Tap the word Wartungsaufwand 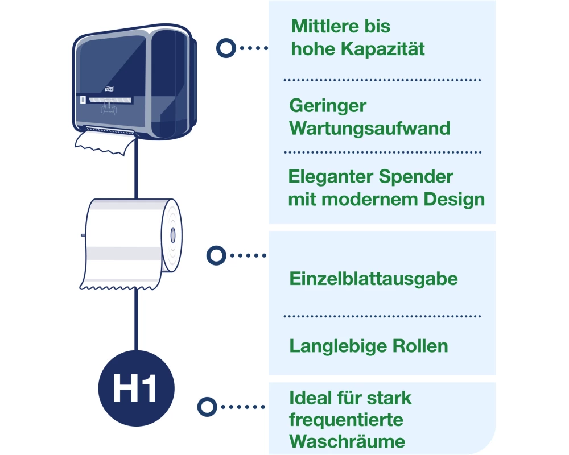[370, 128]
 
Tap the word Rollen [422, 346]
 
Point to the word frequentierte [346, 420]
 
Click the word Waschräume [347, 441]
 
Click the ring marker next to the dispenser [226, 48]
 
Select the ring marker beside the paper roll [215, 255]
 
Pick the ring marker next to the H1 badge [207, 407]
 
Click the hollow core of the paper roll [172, 235]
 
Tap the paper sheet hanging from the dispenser [102, 142]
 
